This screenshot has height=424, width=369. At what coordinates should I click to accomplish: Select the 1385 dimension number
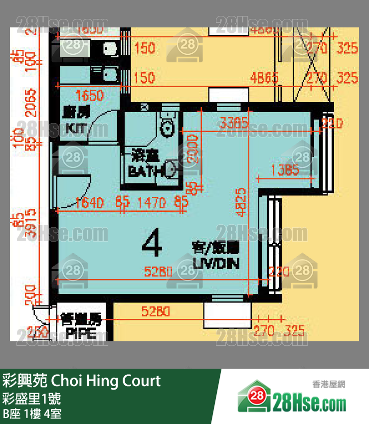(x=285, y=171)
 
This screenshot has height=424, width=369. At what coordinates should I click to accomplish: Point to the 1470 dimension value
(x=152, y=202)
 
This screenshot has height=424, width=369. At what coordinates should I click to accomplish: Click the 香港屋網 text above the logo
(x=329, y=384)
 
